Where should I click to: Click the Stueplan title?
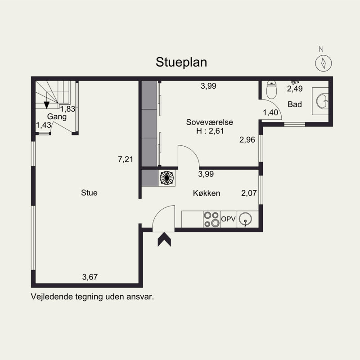[181, 63]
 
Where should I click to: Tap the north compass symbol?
[323, 63]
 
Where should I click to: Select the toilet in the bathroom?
[272, 90]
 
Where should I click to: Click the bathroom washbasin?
[322, 101]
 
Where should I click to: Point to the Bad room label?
[295, 104]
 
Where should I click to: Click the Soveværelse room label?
[209, 122]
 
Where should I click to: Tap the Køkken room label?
[207, 193]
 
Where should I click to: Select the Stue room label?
[89, 193]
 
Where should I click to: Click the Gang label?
[57, 117]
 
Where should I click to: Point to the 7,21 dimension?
[126, 159]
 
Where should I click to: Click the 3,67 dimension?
[90, 277]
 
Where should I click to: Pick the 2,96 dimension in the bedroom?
[247, 139]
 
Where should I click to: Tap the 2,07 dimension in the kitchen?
[249, 193]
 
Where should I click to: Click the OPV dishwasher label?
[228, 219]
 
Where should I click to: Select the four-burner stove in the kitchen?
[211, 219]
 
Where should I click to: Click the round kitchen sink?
[245, 219]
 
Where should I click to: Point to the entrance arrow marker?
[164, 239]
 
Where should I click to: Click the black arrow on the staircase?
[47, 105]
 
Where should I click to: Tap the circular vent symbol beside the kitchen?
[166, 178]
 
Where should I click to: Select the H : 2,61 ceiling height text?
[210, 131]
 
